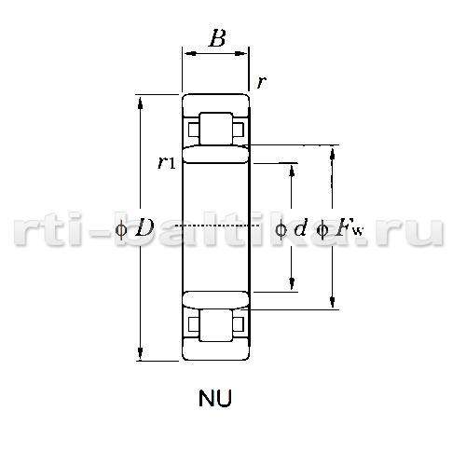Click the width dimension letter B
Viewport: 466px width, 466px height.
[x=217, y=38]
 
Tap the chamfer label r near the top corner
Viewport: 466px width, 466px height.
[x=262, y=82]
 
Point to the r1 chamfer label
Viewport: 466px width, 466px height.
[x=166, y=162]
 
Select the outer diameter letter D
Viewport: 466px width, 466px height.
[x=144, y=227]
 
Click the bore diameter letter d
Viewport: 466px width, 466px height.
[x=300, y=227]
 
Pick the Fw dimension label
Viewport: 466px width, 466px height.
[x=349, y=228]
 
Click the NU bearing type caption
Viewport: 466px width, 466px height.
[x=215, y=398]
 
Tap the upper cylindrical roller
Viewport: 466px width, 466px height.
[x=216, y=129]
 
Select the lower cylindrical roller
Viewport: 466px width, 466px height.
[x=216, y=325]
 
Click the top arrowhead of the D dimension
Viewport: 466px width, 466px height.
[x=140, y=103]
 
